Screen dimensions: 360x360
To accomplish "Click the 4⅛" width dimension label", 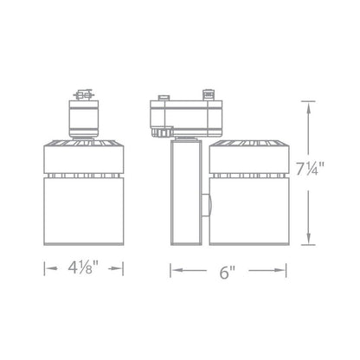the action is tap(84, 268).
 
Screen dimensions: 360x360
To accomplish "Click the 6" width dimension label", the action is tap(228, 272).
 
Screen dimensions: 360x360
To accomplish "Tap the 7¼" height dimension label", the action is tap(311, 168).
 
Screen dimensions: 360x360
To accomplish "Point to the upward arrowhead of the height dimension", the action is tap(308, 108).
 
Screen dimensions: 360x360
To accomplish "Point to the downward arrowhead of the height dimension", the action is tap(308, 238).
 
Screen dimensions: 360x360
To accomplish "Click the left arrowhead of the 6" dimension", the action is tap(177, 270).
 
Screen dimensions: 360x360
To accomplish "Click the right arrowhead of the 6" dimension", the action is tap(280, 270).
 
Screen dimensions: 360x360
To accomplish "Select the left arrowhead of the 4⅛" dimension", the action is tap(50, 268).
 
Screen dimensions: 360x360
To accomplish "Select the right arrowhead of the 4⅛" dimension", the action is tap(117, 268).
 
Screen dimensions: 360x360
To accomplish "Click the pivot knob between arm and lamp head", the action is tap(206, 205).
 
